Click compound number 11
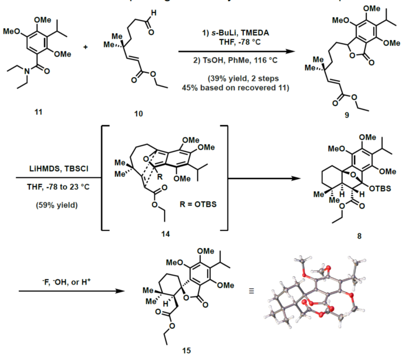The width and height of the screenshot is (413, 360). pyautogui.click(x=39, y=109)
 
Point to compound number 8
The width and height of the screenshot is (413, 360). pyautogui.click(x=358, y=236)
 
